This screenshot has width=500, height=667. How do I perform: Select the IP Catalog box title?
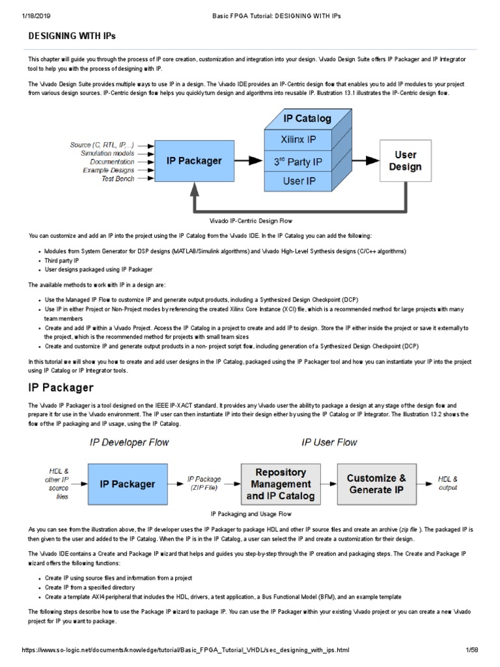point(307,119)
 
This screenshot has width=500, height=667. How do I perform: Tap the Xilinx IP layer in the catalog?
point(299,139)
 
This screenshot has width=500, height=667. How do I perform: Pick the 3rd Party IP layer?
point(299,161)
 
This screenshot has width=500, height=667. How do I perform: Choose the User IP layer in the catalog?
point(299,182)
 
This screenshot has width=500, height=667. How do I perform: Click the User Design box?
point(405,160)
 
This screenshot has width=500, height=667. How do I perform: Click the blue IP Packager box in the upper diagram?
point(194,160)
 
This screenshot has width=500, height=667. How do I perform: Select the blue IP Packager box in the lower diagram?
point(127,484)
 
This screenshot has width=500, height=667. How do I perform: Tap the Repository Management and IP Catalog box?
point(280,484)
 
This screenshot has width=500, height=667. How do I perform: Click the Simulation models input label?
point(107,153)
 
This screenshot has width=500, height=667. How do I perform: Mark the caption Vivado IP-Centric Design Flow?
point(249,221)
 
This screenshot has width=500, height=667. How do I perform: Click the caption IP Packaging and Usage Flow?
point(249,514)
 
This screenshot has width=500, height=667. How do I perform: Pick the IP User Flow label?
point(329,442)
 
